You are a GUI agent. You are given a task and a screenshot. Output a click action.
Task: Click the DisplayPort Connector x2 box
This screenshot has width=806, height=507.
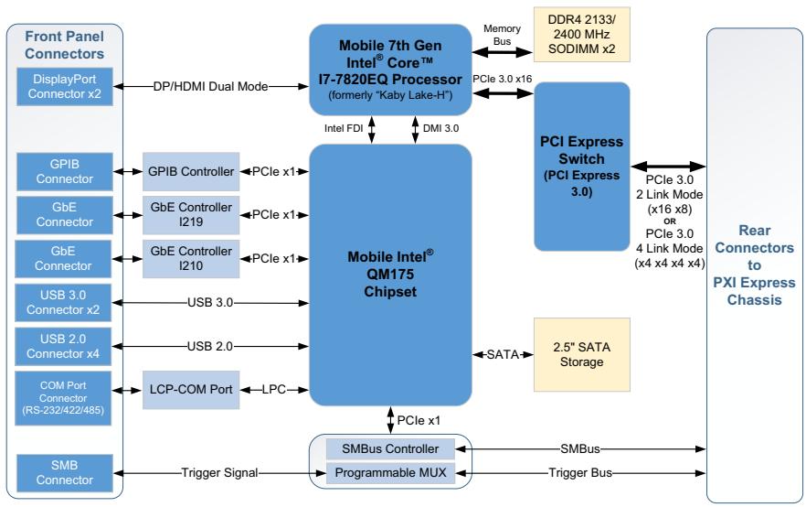[65, 86]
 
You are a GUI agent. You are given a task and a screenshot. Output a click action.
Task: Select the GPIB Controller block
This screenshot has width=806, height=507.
[191, 171]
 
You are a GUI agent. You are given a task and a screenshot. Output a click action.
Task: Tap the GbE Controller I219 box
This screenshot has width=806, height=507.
[191, 215]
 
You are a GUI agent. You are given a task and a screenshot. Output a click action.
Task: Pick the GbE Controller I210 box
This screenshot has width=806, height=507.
[191, 258]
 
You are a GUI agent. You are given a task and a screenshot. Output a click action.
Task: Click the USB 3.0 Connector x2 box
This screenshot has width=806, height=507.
[63, 303]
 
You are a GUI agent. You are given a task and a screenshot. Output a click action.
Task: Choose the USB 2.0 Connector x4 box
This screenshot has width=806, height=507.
[63, 347]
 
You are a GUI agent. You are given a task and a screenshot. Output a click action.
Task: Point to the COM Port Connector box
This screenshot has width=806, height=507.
[63, 398]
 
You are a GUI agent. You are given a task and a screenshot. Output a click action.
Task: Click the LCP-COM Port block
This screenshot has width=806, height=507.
[191, 390]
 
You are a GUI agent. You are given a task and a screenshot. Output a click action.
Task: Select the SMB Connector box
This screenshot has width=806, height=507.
[65, 472]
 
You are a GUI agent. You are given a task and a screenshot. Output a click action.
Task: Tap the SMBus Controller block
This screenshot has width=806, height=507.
[391, 448]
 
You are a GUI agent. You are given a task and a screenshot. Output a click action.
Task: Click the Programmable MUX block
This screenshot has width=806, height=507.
[391, 472]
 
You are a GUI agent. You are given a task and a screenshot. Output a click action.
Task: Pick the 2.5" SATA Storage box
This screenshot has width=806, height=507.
[582, 355]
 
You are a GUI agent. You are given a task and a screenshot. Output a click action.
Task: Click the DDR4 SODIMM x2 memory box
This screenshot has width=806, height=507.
[582, 35]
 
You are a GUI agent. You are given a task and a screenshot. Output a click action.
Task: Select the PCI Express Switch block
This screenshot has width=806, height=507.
[582, 167]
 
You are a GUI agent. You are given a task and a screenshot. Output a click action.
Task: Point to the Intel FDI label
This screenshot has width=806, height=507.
[344, 128]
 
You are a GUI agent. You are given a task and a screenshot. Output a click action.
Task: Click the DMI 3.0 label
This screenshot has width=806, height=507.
[441, 128]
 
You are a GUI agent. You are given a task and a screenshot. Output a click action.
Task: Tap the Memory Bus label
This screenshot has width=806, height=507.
[503, 35]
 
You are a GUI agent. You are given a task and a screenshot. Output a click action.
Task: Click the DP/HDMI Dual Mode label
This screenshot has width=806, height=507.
[211, 86]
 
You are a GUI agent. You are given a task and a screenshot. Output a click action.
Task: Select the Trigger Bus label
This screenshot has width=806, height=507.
[580, 472]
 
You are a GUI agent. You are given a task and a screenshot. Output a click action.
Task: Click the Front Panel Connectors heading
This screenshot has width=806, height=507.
[64, 45]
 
